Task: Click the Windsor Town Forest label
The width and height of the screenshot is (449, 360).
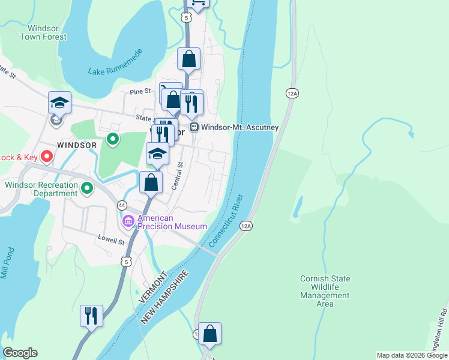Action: click(x=43, y=32)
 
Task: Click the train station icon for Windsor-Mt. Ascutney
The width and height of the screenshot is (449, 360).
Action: click(x=194, y=127)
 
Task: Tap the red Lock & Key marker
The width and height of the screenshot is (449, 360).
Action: click(x=47, y=157)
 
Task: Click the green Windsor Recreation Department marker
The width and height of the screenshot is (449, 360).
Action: click(x=88, y=189)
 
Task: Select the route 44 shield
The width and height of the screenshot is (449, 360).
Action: click(x=121, y=205)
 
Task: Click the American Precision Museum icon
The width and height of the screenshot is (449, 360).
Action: click(x=128, y=222)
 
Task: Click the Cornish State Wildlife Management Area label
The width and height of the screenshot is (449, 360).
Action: click(x=325, y=292)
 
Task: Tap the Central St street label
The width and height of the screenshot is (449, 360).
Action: click(x=177, y=176)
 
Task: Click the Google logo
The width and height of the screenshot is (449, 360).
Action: click(x=20, y=353)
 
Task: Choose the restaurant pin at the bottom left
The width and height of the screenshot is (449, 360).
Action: click(x=91, y=316)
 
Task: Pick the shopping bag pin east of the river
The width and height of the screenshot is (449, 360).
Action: click(x=209, y=334)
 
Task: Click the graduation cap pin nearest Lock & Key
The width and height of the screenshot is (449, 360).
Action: click(x=59, y=103)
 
